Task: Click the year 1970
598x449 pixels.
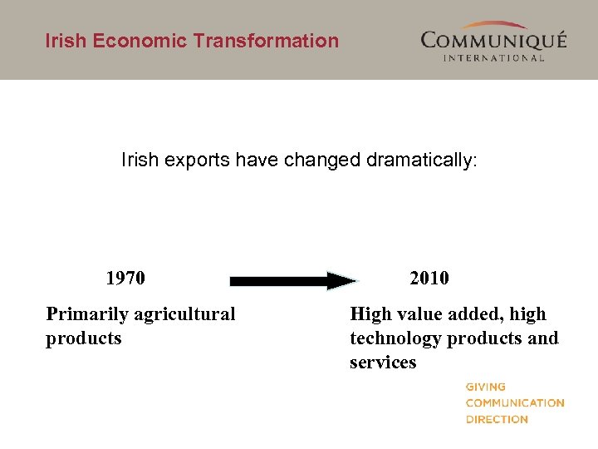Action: tap(125, 278)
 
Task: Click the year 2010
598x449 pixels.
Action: tap(429, 278)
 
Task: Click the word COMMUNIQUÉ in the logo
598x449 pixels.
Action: tap(493, 40)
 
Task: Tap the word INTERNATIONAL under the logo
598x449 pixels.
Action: tap(493, 57)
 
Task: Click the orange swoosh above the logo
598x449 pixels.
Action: tap(495, 26)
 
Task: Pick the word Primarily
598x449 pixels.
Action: tap(87, 314)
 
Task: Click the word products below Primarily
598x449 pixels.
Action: tap(83, 338)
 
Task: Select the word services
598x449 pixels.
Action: tap(383, 363)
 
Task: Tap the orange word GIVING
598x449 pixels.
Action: tap(485, 387)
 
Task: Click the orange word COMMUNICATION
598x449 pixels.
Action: tap(514, 403)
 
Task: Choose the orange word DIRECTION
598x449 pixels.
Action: tap(496, 419)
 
